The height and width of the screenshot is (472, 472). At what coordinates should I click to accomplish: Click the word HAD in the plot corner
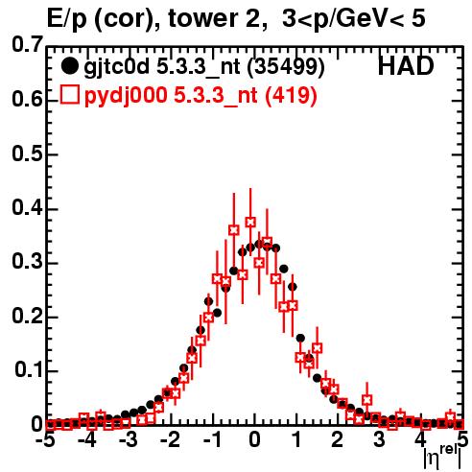pyautogui.click(x=406, y=66)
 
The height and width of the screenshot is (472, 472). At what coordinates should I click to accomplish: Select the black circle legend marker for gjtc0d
pyautogui.click(x=69, y=66)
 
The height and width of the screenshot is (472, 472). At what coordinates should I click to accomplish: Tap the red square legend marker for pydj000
pyautogui.click(x=69, y=95)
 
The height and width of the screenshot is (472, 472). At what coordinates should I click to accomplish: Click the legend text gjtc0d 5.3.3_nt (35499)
pyautogui.click(x=204, y=67)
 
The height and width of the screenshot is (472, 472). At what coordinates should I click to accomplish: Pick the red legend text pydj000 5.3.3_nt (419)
pyautogui.click(x=201, y=96)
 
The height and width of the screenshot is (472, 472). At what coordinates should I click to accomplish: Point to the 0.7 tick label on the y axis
pyautogui.click(x=27, y=44)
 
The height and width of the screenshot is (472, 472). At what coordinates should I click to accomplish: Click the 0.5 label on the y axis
pyautogui.click(x=27, y=153)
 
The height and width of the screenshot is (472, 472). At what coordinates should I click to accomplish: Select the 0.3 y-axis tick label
pyautogui.click(x=27, y=261)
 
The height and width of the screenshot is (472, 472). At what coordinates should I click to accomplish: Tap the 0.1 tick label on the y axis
pyautogui.click(x=29, y=369)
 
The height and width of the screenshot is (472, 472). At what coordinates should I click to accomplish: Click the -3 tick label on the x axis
pyautogui.click(x=129, y=440)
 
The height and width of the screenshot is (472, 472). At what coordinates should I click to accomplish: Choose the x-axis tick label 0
pyautogui.click(x=254, y=440)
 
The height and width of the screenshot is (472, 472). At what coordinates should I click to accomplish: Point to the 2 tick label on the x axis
pyautogui.click(x=337, y=440)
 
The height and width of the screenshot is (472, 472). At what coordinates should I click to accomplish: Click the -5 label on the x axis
pyautogui.click(x=45, y=440)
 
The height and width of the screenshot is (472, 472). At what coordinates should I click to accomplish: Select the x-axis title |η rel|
pyautogui.click(x=442, y=458)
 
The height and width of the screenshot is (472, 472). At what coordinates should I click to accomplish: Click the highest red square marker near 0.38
pyautogui.click(x=250, y=222)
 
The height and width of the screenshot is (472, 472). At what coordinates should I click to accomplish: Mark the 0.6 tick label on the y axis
pyautogui.click(x=27, y=100)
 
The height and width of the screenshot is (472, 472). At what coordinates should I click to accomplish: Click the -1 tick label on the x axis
pyautogui.click(x=212, y=440)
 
